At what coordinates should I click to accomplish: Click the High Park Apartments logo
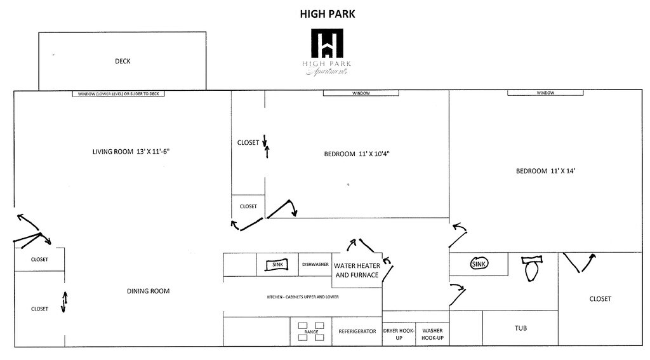[327, 52]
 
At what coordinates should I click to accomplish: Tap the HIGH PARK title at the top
[327, 13]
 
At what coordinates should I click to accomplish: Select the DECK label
[123, 62]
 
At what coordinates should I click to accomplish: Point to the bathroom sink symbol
[479, 263]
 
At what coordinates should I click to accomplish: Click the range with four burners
[311, 331]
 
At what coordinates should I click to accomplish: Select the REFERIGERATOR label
[357, 331]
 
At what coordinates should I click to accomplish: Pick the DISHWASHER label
[315, 264]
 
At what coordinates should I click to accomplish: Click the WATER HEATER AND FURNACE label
[357, 270]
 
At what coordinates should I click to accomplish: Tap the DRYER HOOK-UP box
[399, 334]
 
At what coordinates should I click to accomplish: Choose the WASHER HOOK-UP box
[432, 334]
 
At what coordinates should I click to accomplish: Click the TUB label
[521, 328]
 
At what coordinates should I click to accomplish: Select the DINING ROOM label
[148, 291]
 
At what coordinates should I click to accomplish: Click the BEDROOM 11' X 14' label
[545, 171]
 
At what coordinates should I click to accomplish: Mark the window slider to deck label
[120, 94]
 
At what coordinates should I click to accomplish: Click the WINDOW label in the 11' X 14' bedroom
[545, 93]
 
